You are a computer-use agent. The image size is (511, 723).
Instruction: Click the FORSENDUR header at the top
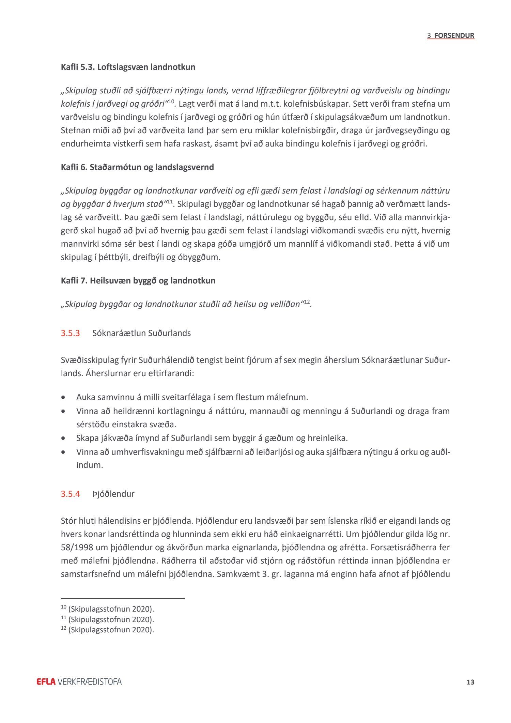[454, 35]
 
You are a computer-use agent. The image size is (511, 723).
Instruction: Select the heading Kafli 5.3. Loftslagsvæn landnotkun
[128, 67]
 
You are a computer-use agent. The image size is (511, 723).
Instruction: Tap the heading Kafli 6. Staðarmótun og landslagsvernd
[137, 167]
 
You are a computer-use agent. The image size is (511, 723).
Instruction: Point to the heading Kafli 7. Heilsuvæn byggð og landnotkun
[138, 281]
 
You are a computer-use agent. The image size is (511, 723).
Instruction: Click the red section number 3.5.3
[70, 333]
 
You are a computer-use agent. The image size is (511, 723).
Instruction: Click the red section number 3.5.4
[70, 494]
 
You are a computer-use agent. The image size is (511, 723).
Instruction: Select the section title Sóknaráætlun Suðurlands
[141, 333]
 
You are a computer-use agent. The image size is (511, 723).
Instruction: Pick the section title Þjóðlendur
[113, 494]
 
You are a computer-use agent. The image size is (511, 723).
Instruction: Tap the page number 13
[470, 682]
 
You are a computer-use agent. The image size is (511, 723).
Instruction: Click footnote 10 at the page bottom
[107, 609]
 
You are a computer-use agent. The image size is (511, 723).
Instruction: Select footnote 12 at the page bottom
[107, 630]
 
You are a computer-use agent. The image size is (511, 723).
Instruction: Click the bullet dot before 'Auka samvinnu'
[63, 397]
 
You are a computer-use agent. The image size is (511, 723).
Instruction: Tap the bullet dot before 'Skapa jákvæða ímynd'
[63, 438]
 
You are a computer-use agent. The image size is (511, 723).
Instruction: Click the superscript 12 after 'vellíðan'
[307, 302]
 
